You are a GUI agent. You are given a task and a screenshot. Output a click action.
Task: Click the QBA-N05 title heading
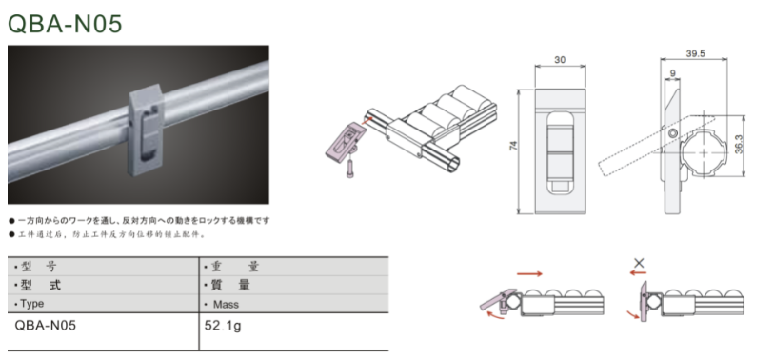[65, 24]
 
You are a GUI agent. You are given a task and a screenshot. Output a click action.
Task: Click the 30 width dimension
[560, 60]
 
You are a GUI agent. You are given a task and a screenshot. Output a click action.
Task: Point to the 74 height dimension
[514, 146]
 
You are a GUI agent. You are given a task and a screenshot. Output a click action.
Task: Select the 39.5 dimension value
[695, 54]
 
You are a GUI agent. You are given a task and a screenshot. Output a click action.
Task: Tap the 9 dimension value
[672, 73]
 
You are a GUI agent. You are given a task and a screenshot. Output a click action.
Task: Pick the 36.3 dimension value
[739, 145]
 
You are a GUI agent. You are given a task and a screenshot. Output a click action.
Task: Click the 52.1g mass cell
[223, 326]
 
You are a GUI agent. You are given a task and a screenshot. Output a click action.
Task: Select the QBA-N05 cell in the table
[46, 326]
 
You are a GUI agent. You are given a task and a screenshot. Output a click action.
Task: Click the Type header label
[32, 304]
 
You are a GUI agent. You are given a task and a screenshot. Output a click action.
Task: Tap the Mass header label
[226, 304]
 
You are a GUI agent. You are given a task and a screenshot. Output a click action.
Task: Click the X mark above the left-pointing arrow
[639, 263]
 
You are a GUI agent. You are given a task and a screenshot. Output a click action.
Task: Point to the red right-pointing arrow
[529, 273]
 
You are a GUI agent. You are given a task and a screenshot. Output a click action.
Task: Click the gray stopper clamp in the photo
[146, 130]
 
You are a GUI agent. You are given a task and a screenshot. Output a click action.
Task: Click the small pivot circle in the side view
[672, 133]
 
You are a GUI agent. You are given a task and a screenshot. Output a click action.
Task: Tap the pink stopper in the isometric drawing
[345, 141]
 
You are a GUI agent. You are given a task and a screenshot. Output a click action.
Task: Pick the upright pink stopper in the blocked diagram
[644, 301]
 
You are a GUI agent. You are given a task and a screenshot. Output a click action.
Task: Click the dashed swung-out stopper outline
[657, 146]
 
